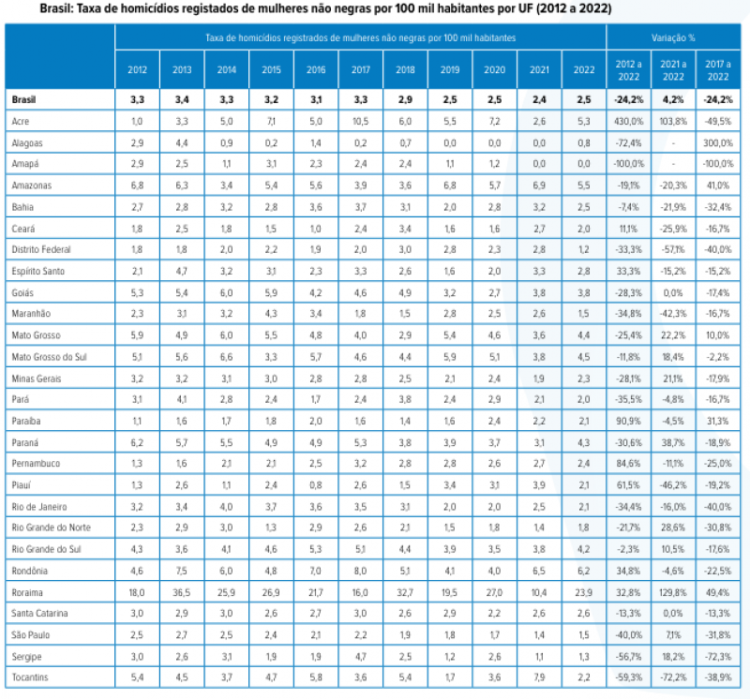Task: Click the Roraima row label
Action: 27,592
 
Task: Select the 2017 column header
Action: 361,69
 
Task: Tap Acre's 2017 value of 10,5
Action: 361,122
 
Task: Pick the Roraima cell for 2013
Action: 182,592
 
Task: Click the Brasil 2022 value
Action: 584,99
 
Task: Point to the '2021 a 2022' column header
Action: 673,70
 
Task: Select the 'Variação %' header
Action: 673,37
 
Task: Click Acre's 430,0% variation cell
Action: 628,122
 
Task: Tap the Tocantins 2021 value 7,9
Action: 539,677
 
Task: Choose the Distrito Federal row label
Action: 41,249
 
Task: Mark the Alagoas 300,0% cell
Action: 718,142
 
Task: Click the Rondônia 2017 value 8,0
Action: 361,571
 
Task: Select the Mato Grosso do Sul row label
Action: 50,357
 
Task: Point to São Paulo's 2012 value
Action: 137,635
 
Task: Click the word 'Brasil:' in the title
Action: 57,8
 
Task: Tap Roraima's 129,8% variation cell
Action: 673,592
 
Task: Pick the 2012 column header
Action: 137,69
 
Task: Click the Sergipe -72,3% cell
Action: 718,657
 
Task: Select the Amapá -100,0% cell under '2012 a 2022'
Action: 628,164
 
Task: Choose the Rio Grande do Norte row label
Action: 52,528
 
